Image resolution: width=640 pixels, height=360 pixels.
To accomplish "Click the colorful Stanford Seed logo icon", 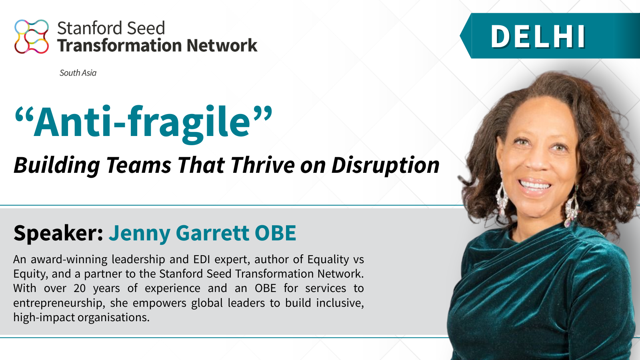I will coord(32,36).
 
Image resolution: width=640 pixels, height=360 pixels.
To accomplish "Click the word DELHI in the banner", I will coord(538,37).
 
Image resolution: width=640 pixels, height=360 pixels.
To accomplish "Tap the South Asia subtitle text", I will coord(78,73).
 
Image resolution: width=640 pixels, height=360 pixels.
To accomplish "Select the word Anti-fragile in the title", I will coord(142,122).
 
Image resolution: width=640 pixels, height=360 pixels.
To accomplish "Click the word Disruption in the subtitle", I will coord(385,165).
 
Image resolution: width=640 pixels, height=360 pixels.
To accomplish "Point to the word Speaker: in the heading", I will coord(58,233).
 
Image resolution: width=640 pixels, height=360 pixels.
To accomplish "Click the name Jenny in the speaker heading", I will coord(140,233).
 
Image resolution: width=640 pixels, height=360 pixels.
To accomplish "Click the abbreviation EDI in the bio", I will coord(202,260).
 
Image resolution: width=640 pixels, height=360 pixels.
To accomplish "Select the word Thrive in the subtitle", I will coord(262,165).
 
